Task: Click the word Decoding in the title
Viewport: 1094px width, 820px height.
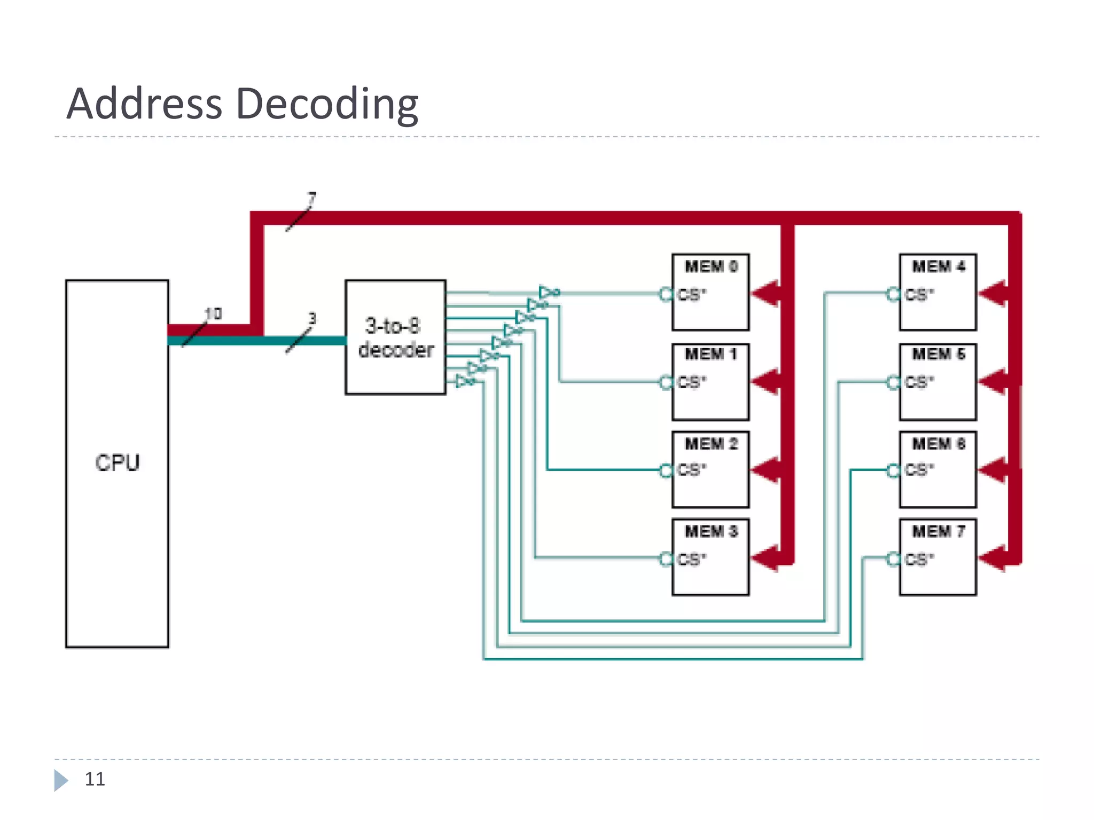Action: [x=326, y=104]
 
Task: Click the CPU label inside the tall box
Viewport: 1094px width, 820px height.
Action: [x=118, y=462]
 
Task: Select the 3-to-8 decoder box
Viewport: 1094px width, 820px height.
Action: [x=395, y=337]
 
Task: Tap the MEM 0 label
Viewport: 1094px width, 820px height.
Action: [x=711, y=266]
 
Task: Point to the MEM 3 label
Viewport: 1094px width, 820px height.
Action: [x=711, y=531]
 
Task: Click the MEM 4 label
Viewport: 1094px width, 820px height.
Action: [x=939, y=266]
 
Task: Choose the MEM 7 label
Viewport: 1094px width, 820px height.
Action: [x=939, y=531]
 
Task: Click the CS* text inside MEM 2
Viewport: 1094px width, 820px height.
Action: [x=692, y=470]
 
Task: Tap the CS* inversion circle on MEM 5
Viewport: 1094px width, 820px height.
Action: [x=893, y=382]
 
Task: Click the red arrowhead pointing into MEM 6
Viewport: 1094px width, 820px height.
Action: [x=993, y=470]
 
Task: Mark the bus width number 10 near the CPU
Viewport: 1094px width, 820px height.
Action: [x=213, y=314]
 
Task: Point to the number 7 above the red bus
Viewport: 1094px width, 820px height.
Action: [x=312, y=199]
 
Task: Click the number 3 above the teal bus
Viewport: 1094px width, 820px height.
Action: [x=312, y=319]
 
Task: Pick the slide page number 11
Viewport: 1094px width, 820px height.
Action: [x=95, y=779]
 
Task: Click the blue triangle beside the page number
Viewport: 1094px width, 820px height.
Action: [x=60, y=780]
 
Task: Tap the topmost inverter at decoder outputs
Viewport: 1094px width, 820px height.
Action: [x=548, y=292]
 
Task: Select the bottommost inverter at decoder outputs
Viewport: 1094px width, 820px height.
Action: [x=464, y=381]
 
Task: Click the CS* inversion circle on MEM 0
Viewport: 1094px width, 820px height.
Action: [x=666, y=294]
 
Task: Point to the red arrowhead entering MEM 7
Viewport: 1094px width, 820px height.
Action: [x=993, y=558]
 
